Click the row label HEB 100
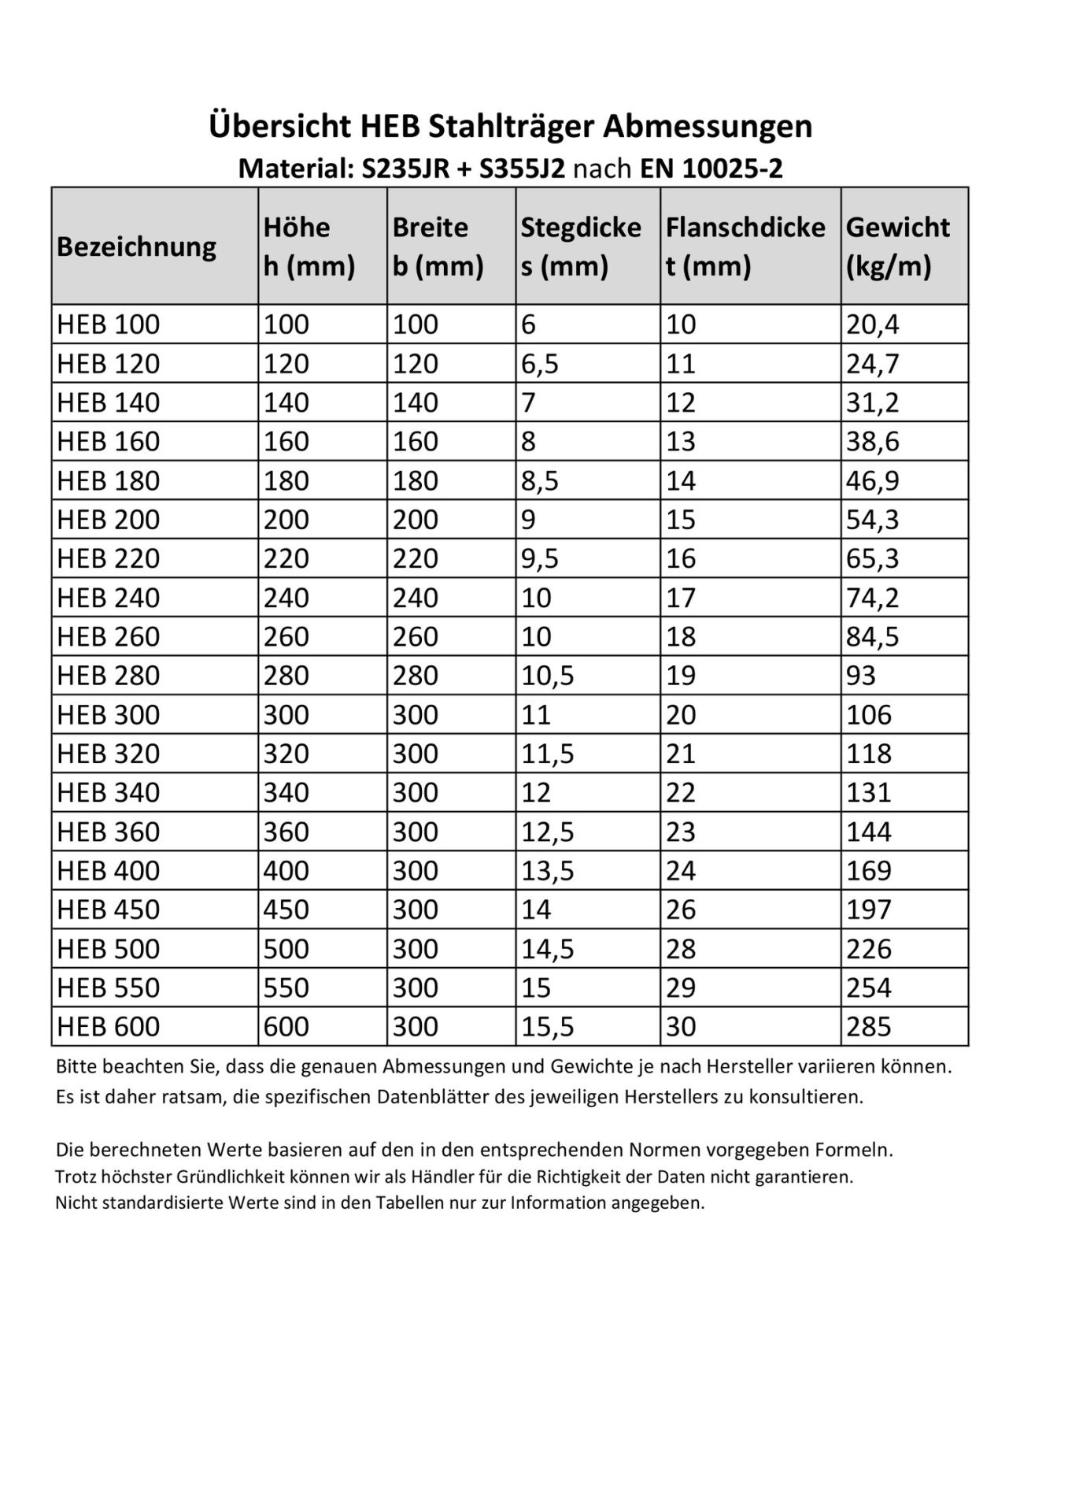point(109,324)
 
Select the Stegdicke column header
point(581,246)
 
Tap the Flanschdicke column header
point(745,246)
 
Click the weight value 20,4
point(872,324)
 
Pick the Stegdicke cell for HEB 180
point(540,480)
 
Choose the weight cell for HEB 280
point(861,676)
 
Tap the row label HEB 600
point(109,1027)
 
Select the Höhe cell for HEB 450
point(286,910)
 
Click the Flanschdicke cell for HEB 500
point(681,949)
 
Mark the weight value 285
point(869,1027)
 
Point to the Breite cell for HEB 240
point(416,598)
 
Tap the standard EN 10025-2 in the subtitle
point(711,169)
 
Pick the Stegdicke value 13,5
point(548,871)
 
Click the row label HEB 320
point(109,754)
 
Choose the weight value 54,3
point(872,520)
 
